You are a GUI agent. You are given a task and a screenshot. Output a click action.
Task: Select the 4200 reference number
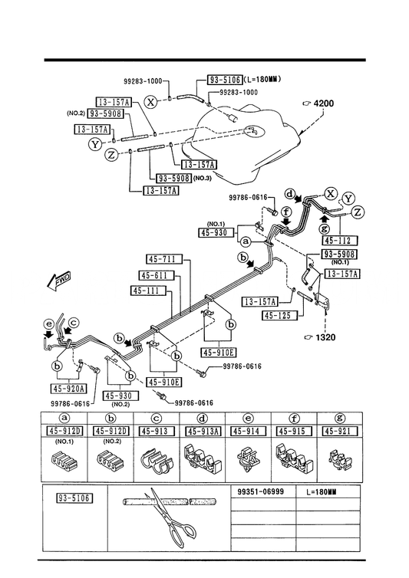click(x=323, y=103)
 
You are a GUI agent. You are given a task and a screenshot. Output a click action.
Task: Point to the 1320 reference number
click(x=325, y=337)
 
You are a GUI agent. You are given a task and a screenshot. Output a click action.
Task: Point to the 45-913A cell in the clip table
click(x=203, y=432)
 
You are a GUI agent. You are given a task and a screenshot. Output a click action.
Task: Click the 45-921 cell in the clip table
click(x=340, y=432)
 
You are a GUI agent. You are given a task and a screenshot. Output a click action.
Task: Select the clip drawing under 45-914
click(x=249, y=458)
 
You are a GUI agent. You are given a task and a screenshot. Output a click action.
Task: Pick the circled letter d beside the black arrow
click(x=291, y=193)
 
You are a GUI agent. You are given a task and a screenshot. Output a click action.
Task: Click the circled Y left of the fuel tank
click(x=95, y=144)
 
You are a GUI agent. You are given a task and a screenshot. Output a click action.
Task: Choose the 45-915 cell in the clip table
click(x=294, y=432)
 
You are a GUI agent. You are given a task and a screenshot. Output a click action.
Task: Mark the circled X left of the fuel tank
click(x=150, y=101)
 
